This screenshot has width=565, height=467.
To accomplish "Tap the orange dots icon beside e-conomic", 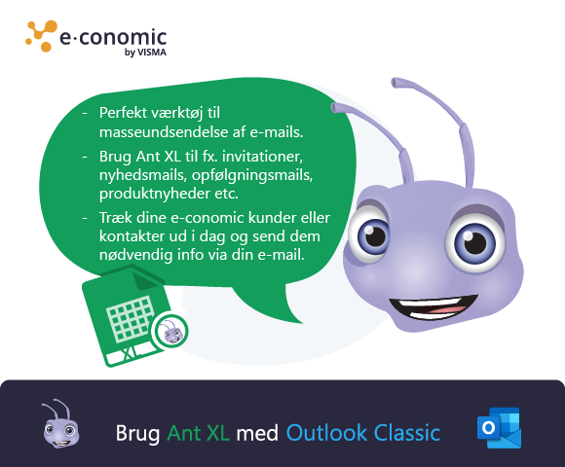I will point(41,35).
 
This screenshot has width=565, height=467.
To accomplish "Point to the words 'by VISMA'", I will point(146,54).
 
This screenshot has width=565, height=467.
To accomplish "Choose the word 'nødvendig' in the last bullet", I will point(132,255).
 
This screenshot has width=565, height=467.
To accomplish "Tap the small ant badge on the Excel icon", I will point(170,334).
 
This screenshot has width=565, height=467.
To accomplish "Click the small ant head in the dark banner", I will point(59,424).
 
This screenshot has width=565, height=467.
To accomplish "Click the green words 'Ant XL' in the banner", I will point(198,432).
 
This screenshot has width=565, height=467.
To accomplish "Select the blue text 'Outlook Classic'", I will point(362,432).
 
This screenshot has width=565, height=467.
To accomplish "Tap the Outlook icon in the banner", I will point(498,429).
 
